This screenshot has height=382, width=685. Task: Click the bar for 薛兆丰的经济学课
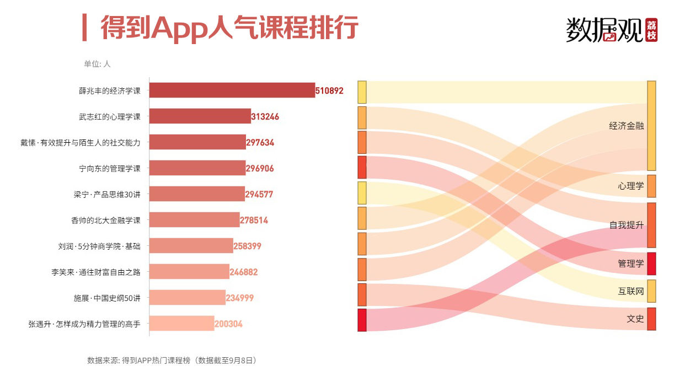click(x=232, y=90)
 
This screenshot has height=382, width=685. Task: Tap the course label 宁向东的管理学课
click(x=110, y=169)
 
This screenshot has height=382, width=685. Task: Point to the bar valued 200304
click(x=181, y=324)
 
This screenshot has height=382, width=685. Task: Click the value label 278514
click(x=254, y=220)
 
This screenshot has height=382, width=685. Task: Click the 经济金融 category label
click(x=626, y=126)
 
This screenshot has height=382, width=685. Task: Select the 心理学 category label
click(x=630, y=186)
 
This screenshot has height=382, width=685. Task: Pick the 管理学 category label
click(x=630, y=264)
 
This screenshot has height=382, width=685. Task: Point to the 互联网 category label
click(x=630, y=292)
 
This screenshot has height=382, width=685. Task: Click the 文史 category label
click(x=635, y=319)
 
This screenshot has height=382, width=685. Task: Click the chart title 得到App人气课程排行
click(x=229, y=28)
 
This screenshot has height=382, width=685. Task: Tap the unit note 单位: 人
click(x=97, y=64)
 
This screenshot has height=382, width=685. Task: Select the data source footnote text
click(x=172, y=361)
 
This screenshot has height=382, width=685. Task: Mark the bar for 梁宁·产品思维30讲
click(x=197, y=194)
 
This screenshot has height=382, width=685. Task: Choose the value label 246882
click(x=244, y=272)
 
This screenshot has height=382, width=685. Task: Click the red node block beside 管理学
click(x=651, y=263)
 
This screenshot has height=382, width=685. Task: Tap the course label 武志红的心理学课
click(x=110, y=117)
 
